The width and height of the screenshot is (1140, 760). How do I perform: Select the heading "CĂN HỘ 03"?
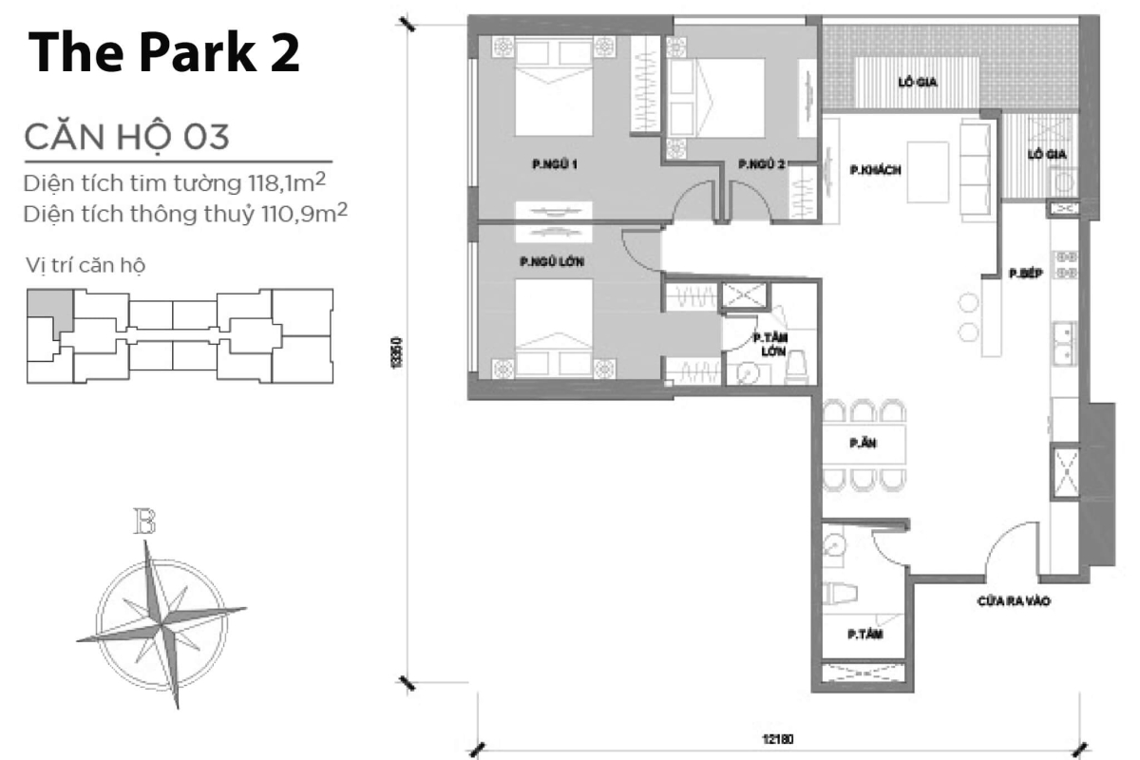pyautogui.click(x=126, y=137)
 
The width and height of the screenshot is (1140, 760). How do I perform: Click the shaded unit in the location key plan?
pyautogui.click(x=47, y=308)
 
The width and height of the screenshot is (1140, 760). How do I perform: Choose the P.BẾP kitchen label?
pyautogui.click(x=1027, y=273)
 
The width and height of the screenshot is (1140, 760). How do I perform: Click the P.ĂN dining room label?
pyautogui.click(x=863, y=442)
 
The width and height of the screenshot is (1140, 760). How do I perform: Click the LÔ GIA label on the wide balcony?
pyautogui.click(x=917, y=83)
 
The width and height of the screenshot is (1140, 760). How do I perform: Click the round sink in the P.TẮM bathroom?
pyautogui.click(x=834, y=545)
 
